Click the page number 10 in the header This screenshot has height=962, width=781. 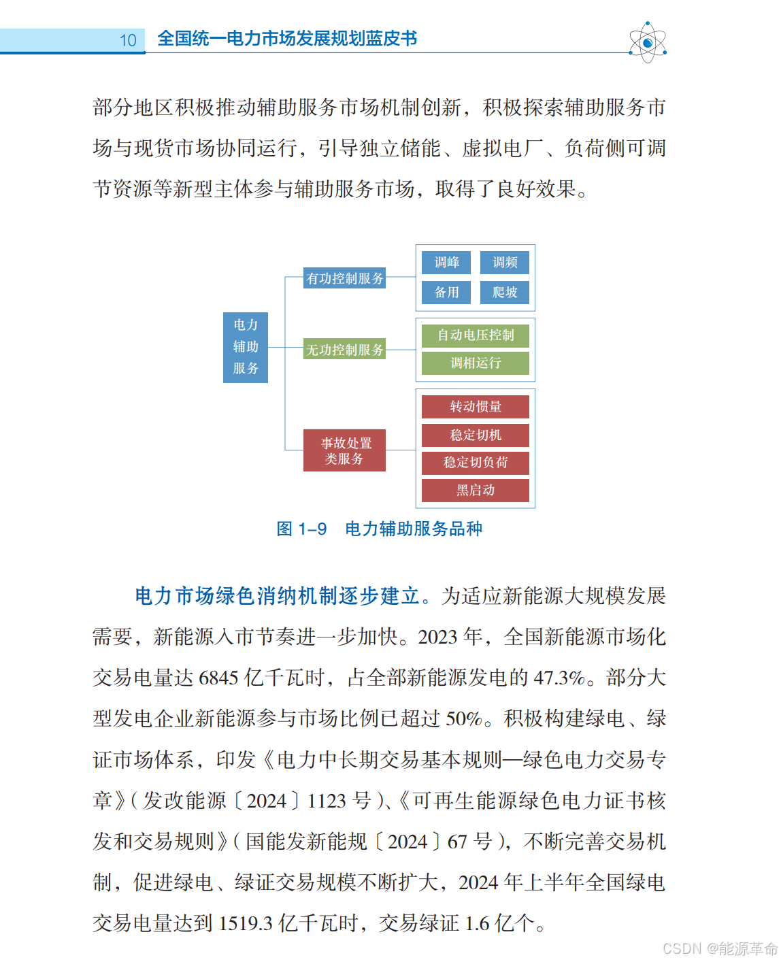pos(128,41)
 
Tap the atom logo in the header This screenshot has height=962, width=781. pos(647,43)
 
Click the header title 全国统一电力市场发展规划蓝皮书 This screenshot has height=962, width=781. pos(287,39)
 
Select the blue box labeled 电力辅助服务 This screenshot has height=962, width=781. pos(246,347)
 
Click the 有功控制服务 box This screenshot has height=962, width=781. pos(345,278)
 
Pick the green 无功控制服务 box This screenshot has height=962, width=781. pos(345,350)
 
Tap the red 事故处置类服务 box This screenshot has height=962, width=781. pos(345,450)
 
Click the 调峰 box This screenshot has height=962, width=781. pos(446,263)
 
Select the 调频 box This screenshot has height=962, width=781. pos(505,263)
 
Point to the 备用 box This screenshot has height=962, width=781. pos(446,293)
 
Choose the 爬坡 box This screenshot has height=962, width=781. pos(505,293)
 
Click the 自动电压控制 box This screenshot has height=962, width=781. pos(476,335)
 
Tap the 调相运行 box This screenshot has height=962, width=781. pos(476,363)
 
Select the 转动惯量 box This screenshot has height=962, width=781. pos(476,407)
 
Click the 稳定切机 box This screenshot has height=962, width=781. pos(476,435)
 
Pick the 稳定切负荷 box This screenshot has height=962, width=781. pos(476,463)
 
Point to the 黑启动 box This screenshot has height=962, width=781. pos(476,491)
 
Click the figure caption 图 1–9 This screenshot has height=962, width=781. pos(301,529)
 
